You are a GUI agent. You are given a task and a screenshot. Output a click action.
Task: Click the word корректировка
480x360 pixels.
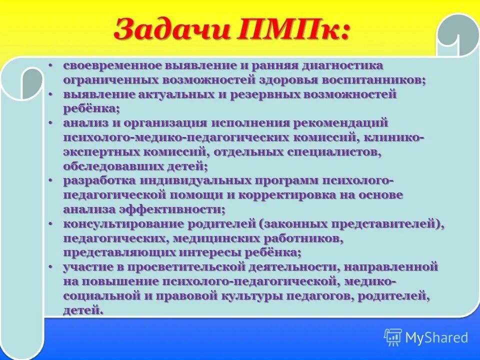[281, 195]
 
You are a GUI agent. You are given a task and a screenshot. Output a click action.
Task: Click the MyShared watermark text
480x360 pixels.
[436, 337]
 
